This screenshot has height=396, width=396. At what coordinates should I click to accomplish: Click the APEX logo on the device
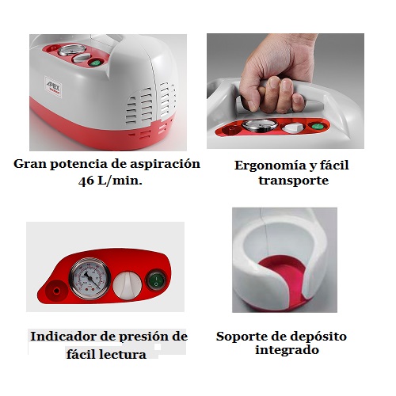53,87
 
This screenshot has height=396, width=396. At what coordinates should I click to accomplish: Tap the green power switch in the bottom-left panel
156,280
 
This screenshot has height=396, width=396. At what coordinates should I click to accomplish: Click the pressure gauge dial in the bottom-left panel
89,279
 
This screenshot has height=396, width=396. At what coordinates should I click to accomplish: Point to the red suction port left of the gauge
56,291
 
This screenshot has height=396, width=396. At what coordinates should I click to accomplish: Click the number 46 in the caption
86,181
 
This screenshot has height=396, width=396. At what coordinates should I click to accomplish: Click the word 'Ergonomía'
270,166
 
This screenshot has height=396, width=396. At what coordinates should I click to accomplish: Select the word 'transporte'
294,181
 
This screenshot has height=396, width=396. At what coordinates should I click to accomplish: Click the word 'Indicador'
63,337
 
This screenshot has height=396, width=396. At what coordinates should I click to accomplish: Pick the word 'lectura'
124,355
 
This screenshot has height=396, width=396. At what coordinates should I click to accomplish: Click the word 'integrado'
287,351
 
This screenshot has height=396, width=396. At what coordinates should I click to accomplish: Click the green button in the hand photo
316,126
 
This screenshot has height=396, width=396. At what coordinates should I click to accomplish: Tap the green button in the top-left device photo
95,63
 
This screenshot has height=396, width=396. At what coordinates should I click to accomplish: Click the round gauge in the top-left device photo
72,50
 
